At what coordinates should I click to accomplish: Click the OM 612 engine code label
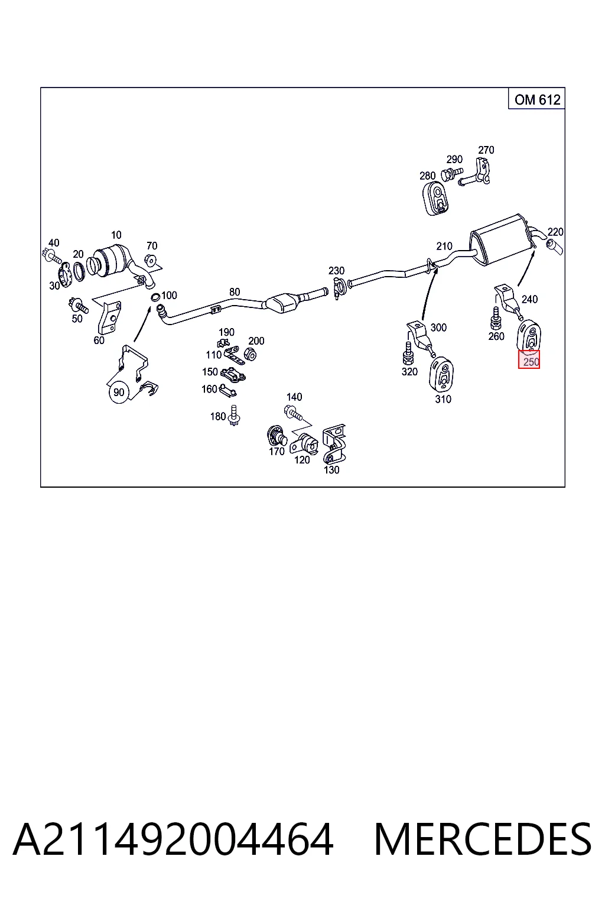click(x=537, y=99)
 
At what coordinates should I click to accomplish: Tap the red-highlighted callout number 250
click(x=529, y=359)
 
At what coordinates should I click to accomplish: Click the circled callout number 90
click(x=119, y=392)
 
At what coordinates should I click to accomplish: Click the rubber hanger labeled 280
click(x=435, y=199)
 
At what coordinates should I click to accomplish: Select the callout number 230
click(x=336, y=270)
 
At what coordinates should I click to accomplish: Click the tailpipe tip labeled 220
click(x=554, y=247)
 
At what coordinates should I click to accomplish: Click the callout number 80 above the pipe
click(x=235, y=292)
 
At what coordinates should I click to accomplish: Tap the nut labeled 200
click(x=251, y=354)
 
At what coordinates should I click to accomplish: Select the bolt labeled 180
click(x=234, y=416)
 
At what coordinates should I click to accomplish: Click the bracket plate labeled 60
click(x=109, y=317)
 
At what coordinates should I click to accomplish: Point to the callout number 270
click(x=486, y=150)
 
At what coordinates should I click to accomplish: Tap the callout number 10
click(x=116, y=235)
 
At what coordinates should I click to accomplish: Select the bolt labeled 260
click(x=495, y=317)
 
